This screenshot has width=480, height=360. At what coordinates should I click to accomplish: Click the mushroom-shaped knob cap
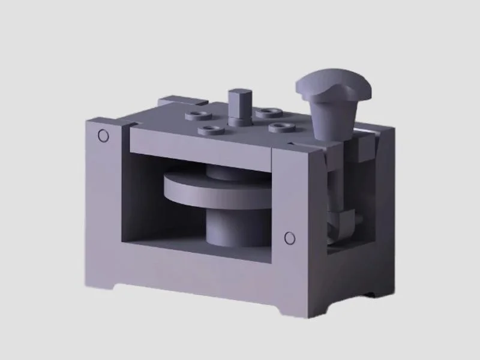click(x=334, y=85)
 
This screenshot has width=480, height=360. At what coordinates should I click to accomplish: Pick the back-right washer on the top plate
click(x=268, y=112)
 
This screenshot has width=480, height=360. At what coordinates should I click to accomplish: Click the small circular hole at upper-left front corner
click(x=103, y=136)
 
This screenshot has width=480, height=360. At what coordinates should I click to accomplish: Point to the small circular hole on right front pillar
click(x=289, y=238)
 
